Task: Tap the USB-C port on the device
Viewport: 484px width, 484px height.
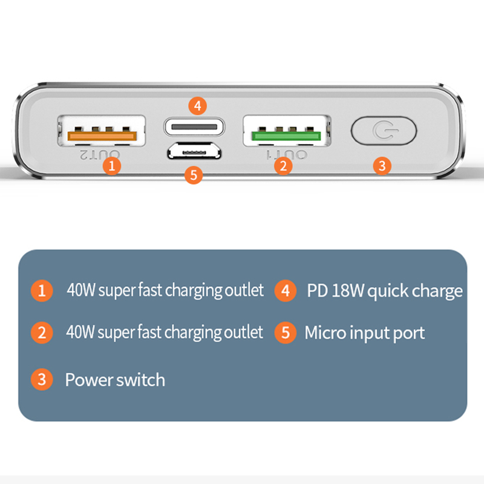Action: (x=194, y=128)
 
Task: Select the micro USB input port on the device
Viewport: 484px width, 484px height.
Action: (x=194, y=152)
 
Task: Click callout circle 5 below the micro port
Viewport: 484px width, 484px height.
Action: (x=193, y=175)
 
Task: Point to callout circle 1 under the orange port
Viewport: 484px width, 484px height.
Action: (x=111, y=165)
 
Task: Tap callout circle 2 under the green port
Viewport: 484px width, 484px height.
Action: (x=283, y=165)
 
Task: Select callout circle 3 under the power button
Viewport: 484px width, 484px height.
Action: (x=381, y=165)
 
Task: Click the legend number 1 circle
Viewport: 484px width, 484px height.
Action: (x=41, y=290)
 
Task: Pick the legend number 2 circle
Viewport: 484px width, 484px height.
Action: (x=41, y=332)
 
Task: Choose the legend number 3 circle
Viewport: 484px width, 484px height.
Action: (x=41, y=380)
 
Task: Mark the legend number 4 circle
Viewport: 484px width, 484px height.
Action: (x=286, y=290)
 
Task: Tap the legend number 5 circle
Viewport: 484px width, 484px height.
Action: (x=286, y=332)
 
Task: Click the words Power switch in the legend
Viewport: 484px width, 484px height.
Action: (x=115, y=380)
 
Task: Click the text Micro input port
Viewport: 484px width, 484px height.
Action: (x=365, y=332)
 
